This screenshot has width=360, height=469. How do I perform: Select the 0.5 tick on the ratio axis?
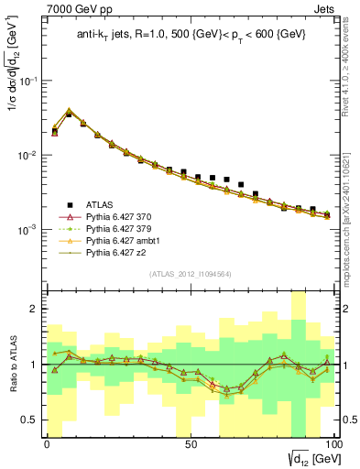pyautogui.click(x=32, y=420)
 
